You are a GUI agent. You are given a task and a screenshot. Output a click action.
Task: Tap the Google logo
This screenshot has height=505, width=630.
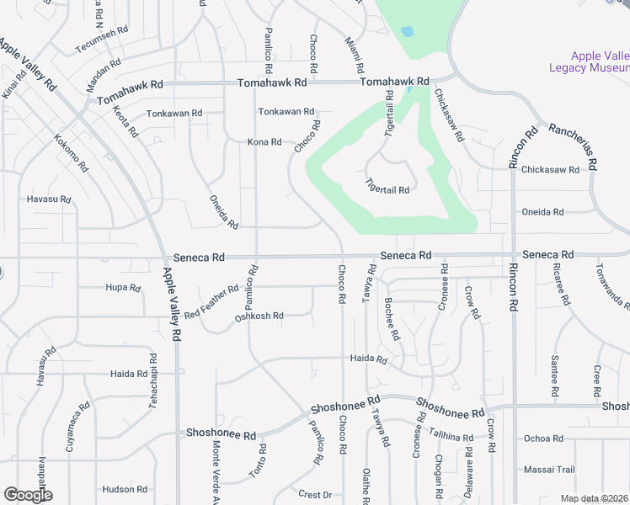coord(27,495)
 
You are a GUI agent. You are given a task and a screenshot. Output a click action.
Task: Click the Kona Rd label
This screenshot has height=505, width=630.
coord(264,142)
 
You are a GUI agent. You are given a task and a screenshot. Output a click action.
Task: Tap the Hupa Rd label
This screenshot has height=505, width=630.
coord(124,288)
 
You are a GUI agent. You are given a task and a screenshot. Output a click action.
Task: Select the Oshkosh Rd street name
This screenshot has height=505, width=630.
coord(259,316)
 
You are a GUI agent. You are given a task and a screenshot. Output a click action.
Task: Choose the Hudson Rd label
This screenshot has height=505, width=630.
coord(125,489)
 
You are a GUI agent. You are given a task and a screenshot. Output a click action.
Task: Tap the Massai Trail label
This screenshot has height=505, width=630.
coord(549,470)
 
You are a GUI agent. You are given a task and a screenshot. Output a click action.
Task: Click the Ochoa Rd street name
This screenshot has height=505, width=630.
coord(543,439)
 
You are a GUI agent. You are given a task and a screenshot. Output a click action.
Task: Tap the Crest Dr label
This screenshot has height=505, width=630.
coord(316,494)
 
